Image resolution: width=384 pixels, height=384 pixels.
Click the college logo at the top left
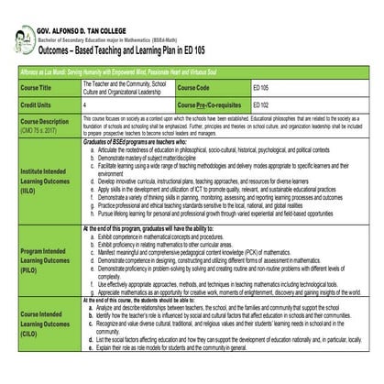click(21, 19)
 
